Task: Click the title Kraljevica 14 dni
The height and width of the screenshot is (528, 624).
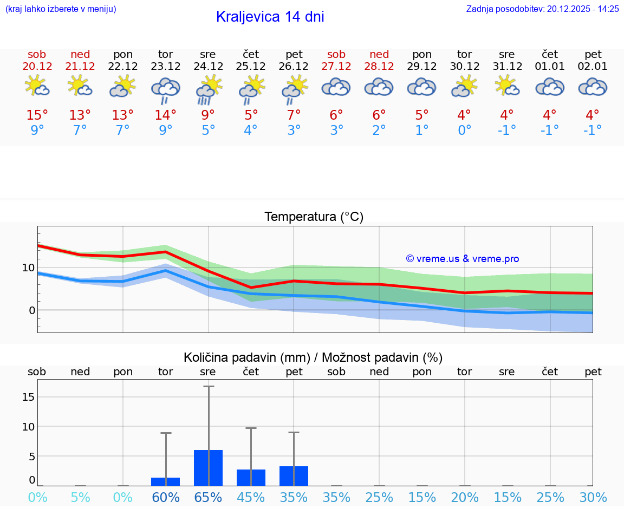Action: pos(270,17)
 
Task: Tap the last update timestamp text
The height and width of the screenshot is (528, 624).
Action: pos(542,9)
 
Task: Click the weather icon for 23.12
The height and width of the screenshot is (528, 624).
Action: pos(165,89)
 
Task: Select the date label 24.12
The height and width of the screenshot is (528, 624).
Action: pos(208,67)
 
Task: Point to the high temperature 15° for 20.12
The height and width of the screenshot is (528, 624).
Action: pos(37,115)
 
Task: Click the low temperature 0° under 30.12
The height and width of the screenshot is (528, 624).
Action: pos(464,130)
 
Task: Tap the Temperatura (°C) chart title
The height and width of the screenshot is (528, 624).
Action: pos(314,217)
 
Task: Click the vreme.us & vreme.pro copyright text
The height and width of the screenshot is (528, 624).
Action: pos(462,259)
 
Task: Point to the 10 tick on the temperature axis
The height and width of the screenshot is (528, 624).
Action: pos(28,268)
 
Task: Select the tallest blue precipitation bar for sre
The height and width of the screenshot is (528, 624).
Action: pos(208,468)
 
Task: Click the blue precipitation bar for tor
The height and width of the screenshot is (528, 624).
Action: pos(165,481)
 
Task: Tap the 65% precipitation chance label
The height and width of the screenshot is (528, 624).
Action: pos(208,497)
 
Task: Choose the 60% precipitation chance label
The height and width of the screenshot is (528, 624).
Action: pos(165,497)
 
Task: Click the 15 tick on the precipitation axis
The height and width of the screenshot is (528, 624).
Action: pos(28,397)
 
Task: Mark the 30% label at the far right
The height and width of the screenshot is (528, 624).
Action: pos(593,497)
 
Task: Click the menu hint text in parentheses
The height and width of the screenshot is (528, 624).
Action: pos(60,9)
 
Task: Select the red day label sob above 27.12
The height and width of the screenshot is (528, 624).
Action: pos(336,54)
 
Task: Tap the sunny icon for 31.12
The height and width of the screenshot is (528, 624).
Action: pos(507,86)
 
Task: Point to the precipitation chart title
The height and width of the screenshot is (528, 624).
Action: pos(313,357)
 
